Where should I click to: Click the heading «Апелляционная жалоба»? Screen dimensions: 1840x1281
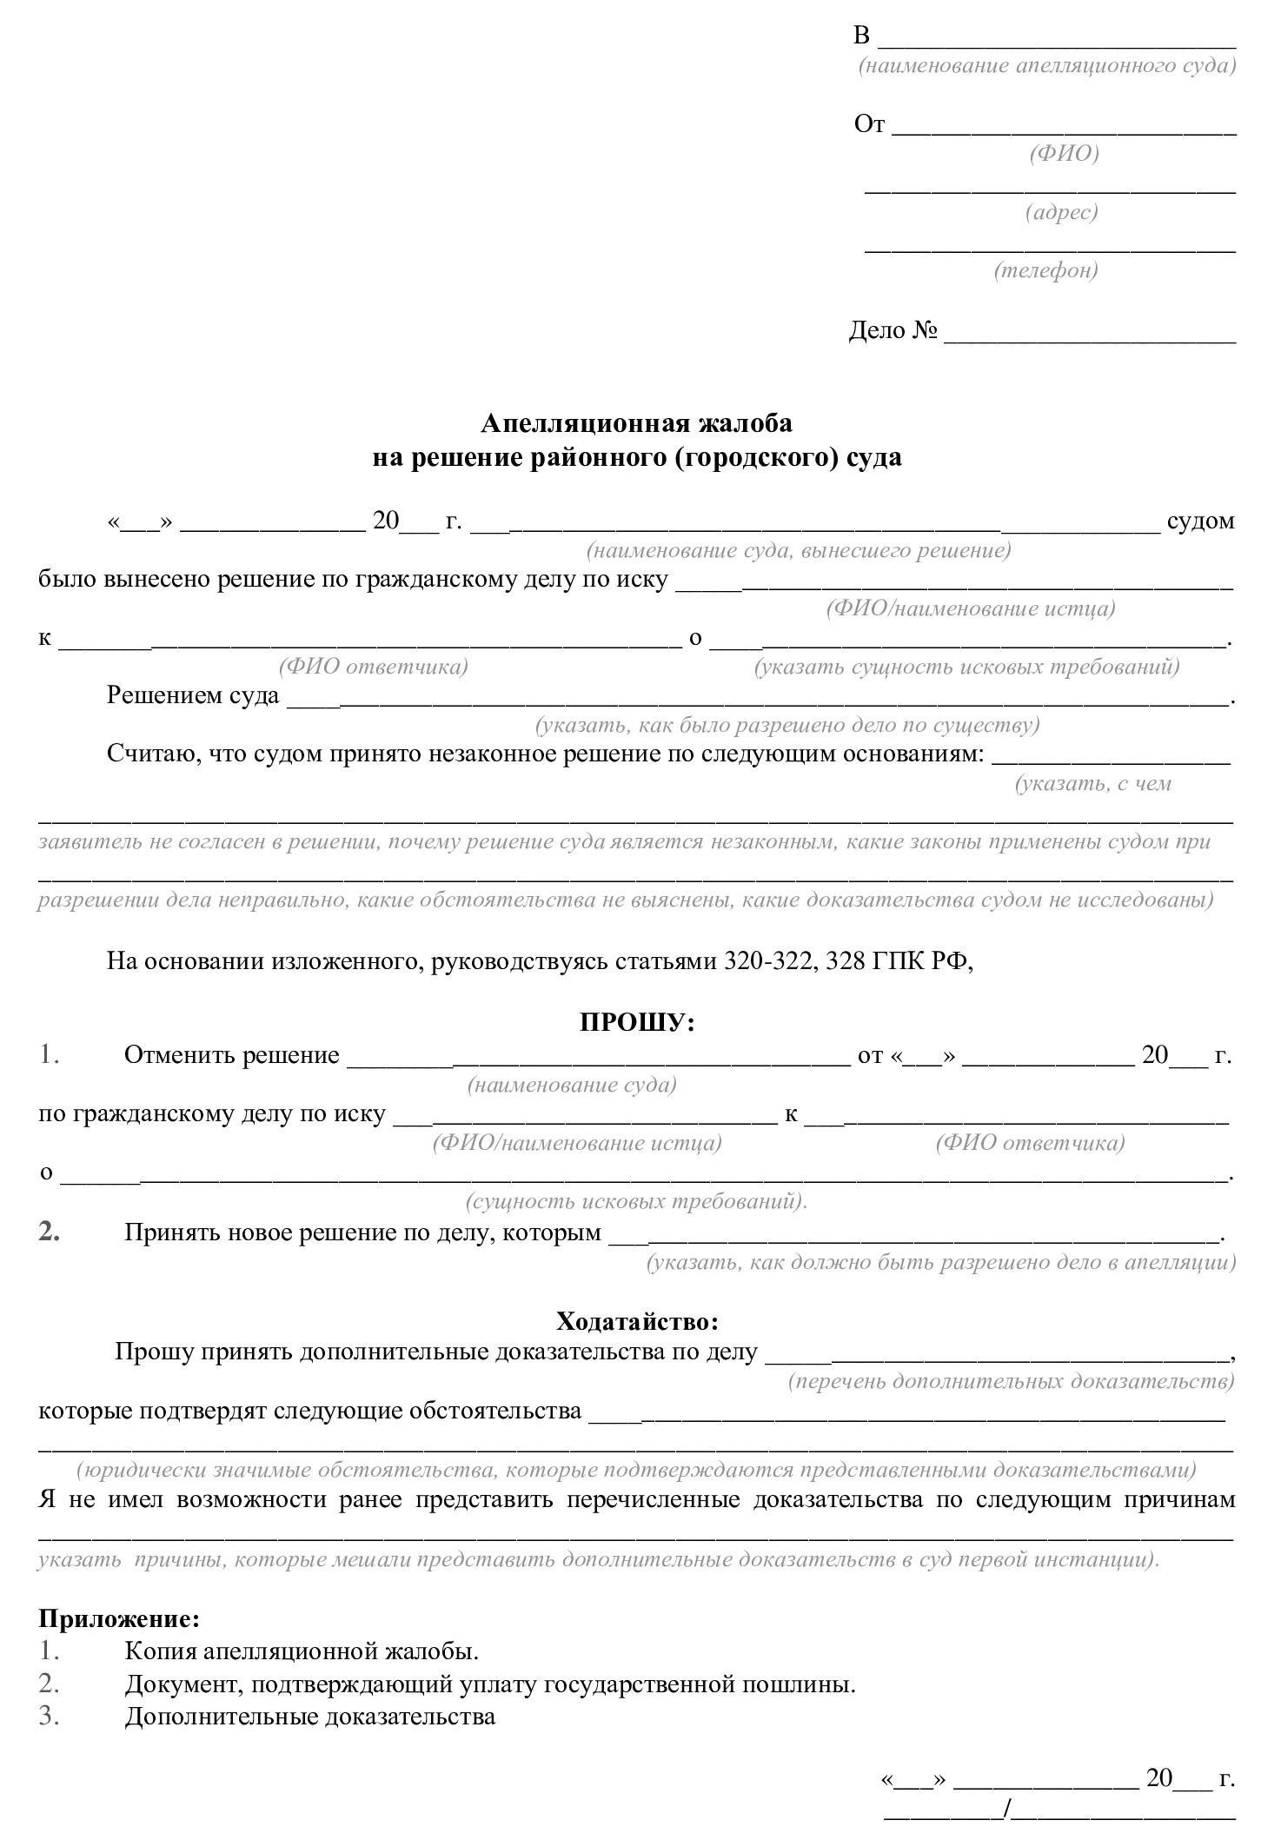click(x=636, y=423)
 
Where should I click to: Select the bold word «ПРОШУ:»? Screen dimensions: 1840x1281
click(x=637, y=1023)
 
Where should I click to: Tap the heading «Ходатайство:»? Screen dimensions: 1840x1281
click(x=637, y=1322)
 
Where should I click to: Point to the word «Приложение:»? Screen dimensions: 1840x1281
click(x=119, y=1618)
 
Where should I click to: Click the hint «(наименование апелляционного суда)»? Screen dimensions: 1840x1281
click(x=1046, y=66)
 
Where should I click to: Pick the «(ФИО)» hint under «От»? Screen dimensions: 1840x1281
click(x=1064, y=154)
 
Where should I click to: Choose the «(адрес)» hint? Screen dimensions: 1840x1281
click(x=1061, y=212)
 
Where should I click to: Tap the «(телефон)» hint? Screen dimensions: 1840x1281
click(x=1045, y=270)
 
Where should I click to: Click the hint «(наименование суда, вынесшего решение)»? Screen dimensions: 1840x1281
click(x=799, y=550)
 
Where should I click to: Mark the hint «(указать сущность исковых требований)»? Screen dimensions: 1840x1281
click(x=966, y=667)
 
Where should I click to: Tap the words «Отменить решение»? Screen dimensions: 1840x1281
click(x=231, y=1055)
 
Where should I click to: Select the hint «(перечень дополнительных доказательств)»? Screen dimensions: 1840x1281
click(x=1011, y=1381)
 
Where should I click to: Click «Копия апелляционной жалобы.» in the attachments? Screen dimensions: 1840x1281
click(x=302, y=1651)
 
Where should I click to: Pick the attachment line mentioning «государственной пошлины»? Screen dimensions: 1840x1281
click(x=490, y=1684)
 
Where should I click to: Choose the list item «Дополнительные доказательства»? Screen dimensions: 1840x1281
click(x=309, y=1717)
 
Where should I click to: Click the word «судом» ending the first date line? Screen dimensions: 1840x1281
click(x=1200, y=521)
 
